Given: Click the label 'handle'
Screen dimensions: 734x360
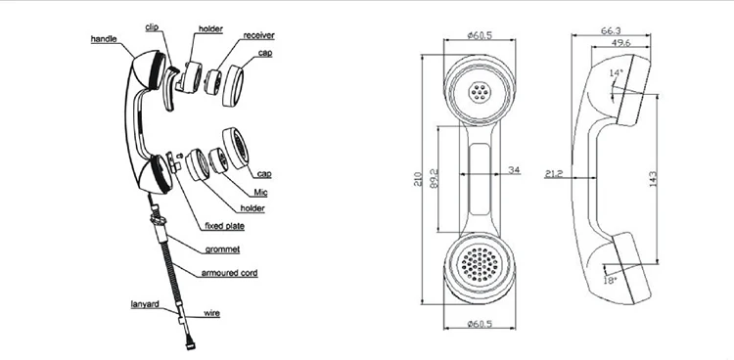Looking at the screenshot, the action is coord(104,39).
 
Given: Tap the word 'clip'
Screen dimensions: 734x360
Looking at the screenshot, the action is coord(152,27).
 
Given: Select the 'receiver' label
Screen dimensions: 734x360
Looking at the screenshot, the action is coord(258,35).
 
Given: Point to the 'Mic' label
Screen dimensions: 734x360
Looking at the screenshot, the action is coord(260,193).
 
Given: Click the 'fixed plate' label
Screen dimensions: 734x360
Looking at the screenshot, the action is coord(224,226).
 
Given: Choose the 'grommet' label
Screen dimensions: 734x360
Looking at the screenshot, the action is coord(222,249).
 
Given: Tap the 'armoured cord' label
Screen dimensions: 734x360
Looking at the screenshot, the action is coord(229,273).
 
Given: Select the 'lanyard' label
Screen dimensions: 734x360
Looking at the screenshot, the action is coord(145,304).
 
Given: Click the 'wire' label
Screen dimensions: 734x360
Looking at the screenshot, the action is coord(211,313).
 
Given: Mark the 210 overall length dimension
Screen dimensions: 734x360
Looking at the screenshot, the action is coord(418,179).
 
